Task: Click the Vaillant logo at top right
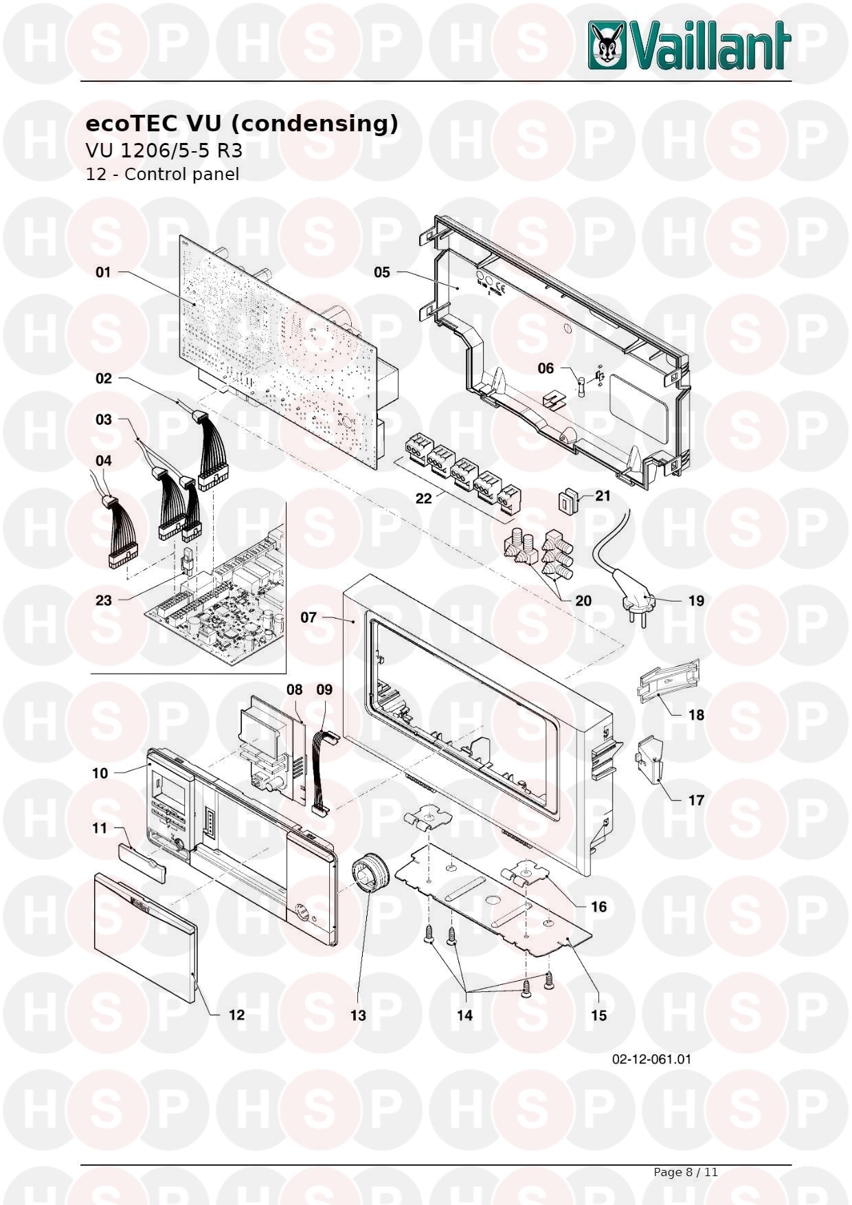pos(690,45)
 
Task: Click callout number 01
pos(103,272)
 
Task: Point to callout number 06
pos(546,368)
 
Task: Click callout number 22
pos(424,498)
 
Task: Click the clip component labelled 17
pos(649,760)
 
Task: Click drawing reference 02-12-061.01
pos(651,1059)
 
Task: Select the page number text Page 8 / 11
pos(685,1172)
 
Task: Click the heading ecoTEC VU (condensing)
pos(242,124)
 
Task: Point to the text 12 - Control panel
pos(162,174)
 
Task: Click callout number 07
pos(309,617)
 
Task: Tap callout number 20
pos(583,601)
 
